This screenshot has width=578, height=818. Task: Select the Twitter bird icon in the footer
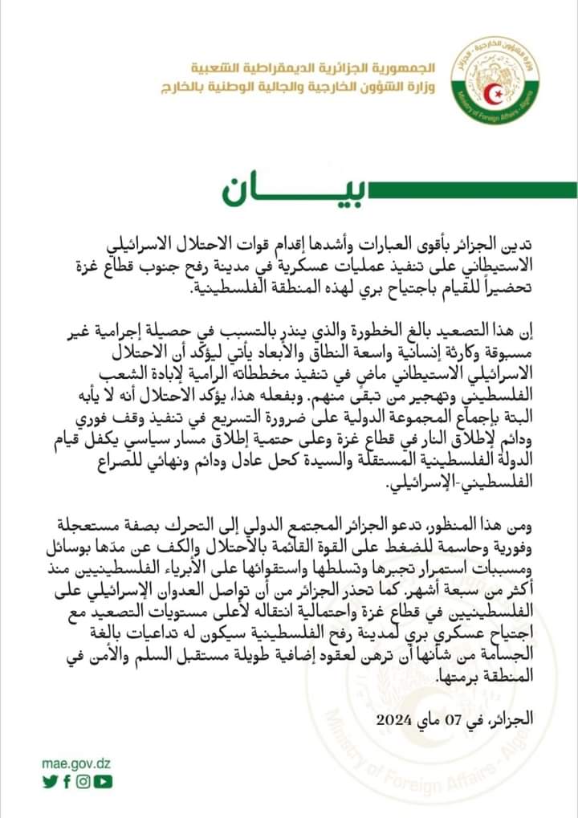50,781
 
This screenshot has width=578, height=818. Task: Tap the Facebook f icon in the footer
67,781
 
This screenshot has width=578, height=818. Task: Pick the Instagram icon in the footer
83,781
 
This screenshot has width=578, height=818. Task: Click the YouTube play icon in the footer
102,781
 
